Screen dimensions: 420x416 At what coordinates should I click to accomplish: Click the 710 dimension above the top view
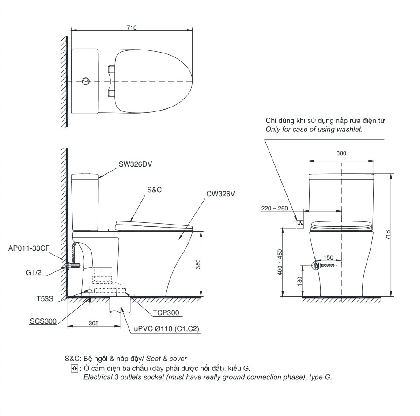coord(132,27)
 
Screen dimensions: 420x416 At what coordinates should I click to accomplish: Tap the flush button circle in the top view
coord(86,81)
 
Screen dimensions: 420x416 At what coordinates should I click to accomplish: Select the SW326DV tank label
coord(135,164)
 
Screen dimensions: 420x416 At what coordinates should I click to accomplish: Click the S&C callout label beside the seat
coord(154,190)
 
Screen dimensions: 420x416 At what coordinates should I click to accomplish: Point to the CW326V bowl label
coord(220,194)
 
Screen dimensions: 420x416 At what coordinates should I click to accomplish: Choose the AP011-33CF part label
coord(29,248)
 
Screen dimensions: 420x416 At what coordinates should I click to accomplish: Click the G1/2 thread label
coord(34,272)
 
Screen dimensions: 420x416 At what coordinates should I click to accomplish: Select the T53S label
coord(45,298)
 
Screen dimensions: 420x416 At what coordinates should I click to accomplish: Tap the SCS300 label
coord(43,321)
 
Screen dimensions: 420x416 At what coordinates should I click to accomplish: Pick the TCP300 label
coord(166,313)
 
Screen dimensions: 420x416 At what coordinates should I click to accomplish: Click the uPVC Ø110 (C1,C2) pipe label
coord(166,329)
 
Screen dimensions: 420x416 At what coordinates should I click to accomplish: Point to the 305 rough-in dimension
coord(94,323)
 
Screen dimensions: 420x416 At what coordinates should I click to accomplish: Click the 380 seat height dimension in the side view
coord(198,264)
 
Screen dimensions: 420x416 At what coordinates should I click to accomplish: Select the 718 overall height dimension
coord(388,235)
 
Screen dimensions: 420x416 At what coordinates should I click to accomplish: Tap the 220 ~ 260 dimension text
coord(274,208)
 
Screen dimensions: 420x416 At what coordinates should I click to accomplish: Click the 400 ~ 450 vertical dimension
coord(280,262)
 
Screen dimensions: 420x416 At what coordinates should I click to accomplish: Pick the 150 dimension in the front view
coord(329,257)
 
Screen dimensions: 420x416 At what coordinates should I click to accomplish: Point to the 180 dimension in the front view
coord(300,281)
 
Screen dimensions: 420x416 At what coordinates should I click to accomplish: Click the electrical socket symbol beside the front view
coord(300,224)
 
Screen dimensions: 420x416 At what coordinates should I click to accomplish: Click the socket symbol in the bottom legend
coord(74,368)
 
